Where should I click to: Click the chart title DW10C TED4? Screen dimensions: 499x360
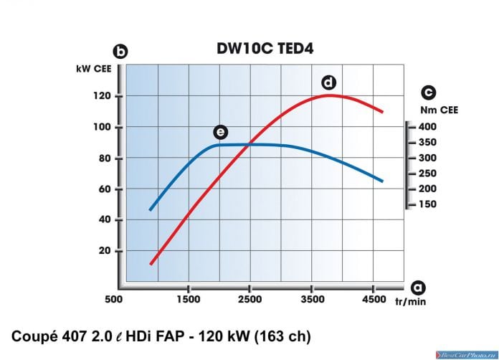click(265, 49)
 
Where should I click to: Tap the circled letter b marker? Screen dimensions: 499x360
click(120, 52)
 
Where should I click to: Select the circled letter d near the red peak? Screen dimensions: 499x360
click(329, 82)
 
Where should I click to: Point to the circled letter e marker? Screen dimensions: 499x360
click(221, 132)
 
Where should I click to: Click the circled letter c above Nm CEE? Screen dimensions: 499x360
click(428, 93)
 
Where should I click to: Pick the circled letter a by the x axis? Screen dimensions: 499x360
click(418, 288)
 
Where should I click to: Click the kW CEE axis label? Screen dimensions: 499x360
click(94, 69)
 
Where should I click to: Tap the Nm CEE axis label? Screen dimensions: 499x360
click(439, 110)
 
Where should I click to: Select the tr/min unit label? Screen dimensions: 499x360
click(411, 301)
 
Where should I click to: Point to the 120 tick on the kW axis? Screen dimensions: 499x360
click(102, 95)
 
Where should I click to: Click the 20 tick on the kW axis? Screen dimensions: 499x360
click(105, 250)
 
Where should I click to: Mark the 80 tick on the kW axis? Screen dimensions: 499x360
click(105, 158)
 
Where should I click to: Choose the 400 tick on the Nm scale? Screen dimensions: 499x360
click(427, 127)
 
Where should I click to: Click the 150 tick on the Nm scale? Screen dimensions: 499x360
click(427, 204)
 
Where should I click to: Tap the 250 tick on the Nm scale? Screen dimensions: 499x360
click(427, 174)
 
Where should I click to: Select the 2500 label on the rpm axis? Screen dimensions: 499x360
click(250, 299)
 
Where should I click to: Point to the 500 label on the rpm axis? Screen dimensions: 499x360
click(113, 299)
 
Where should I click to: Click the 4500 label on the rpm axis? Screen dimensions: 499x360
click(374, 299)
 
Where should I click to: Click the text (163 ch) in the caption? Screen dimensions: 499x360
click(282, 337)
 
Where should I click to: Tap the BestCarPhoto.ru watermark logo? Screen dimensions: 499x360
click(467, 354)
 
